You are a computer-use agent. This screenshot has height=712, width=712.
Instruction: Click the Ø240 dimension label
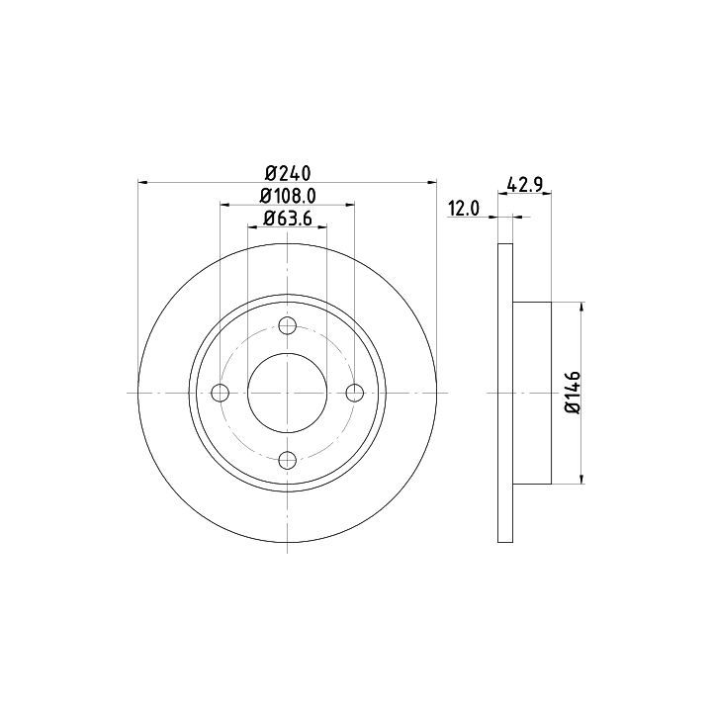pyautogui.click(x=288, y=173)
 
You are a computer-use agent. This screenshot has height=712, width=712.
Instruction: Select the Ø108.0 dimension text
pyautogui.click(x=288, y=196)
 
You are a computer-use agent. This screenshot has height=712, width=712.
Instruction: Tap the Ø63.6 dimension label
pyautogui.click(x=288, y=219)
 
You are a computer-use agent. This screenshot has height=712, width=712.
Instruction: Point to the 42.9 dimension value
pyautogui.click(x=525, y=185)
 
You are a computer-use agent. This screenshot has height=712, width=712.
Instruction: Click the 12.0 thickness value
pyautogui.click(x=464, y=209)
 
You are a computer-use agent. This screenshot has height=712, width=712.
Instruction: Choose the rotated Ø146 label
pyautogui.click(x=573, y=393)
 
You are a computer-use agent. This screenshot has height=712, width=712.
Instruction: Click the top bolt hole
pyautogui.click(x=288, y=325)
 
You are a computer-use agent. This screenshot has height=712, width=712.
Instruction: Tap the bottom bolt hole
pyautogui.click(x=288, y=460)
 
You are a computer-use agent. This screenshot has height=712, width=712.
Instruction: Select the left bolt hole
pyautogui.click(x=221, y=393)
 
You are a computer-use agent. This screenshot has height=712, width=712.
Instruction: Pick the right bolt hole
pyautogui.click(x=355, y=393)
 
